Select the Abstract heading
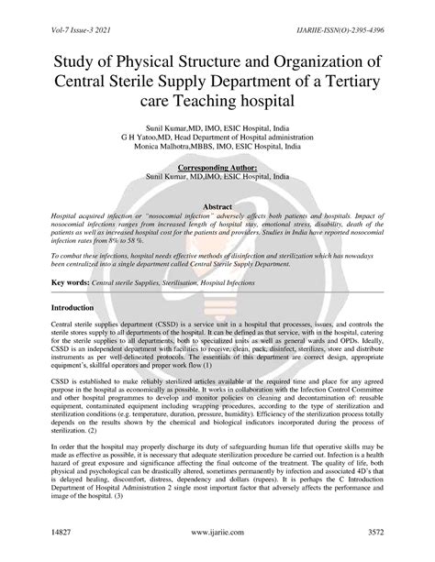tap(217, 208)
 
